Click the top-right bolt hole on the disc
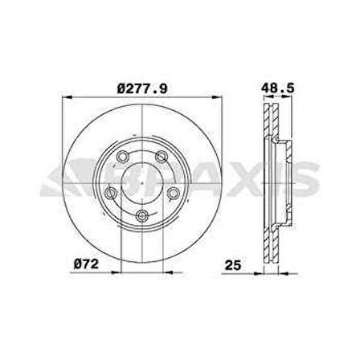161,157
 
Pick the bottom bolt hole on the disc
141,214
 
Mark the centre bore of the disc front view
141,184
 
